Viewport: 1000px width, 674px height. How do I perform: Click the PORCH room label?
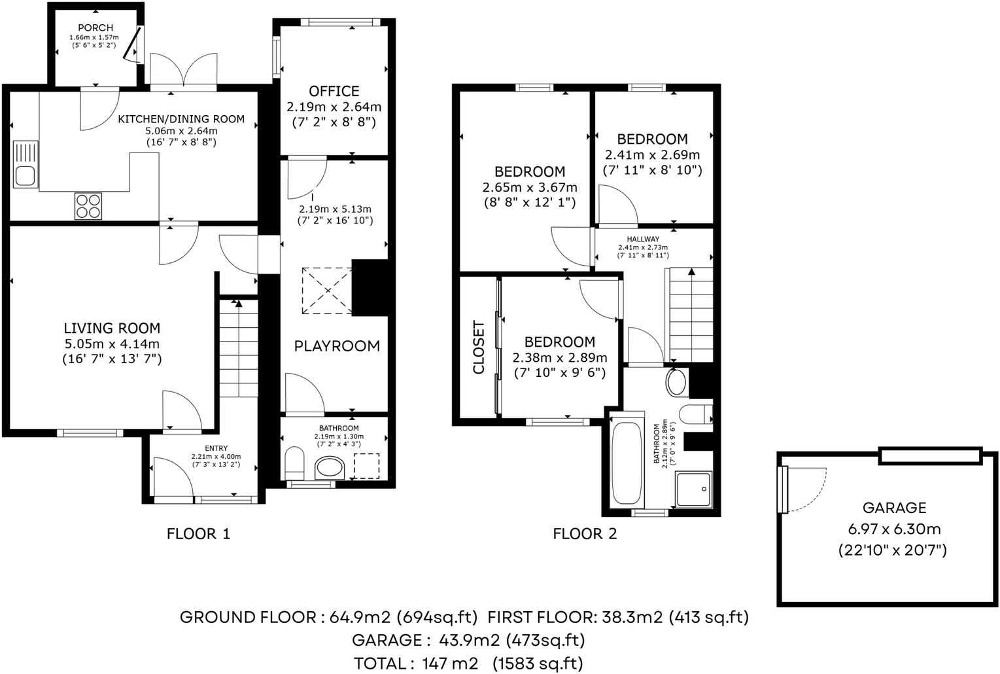(x=95, y=27)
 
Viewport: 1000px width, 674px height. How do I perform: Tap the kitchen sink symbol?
(x=26, y=164)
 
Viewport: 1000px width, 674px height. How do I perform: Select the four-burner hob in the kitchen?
(x=88, y=205)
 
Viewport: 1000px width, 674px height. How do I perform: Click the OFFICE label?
(x=334, y=91)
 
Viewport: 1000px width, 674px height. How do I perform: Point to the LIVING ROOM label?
(x=112, y=328)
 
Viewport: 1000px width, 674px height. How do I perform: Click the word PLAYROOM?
(x=337, y=346)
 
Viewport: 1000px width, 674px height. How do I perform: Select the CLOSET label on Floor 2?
(x=479, y=347)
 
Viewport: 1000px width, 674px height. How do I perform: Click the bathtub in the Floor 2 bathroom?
(x=626, y=463)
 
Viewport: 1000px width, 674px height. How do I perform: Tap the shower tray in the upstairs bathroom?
(x=694, y=488)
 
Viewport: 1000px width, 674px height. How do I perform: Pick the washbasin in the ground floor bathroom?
(x=330, y=469)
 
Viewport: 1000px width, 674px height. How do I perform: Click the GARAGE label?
(x=894, y=508)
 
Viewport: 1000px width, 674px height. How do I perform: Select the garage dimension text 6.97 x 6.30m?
(x=894, y=529)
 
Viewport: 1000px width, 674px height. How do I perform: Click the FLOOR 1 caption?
(x=198, y=534)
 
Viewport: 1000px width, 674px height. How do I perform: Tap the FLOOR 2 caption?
(x=585, y=534)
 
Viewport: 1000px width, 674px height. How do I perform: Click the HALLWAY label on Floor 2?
(x=643, y=239)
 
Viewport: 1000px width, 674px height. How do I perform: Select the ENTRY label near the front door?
(x=216, y=448)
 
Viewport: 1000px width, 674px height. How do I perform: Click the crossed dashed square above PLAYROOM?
(x=326, y=291)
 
